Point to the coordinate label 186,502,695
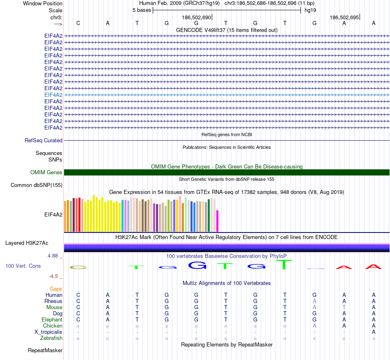pyautogui.click(x=344, y=18)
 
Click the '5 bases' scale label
pyautogui.click(x=142, y=10)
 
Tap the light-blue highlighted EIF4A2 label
pyautogui.click(x=53, y=95)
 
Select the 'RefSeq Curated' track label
pyautogui.click(x=44, y=140)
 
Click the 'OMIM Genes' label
pyautogui.click(x=46, y=172)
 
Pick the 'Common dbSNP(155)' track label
pyautogui.click(x=37, y=185)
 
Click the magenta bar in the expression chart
pyautogui.click(x=218, y=221)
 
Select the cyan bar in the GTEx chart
pyautogui.click(x=123, y=216)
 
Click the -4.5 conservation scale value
pyautogui.click(x=54, y=276)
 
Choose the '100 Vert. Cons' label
pyautogui.click(x=23, y=266)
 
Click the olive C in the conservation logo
pyautogui.click(x=78, y=267)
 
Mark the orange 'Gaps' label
pyautogui.click(x=56, y=289)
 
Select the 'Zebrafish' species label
pyautogui.click(x=51, y=338)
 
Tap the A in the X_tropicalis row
pyautogui.click(x=374, y=332)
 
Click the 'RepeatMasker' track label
pyautogui.click(x=45, y=351)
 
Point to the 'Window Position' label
pyautogui.click(x=43, y=3)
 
